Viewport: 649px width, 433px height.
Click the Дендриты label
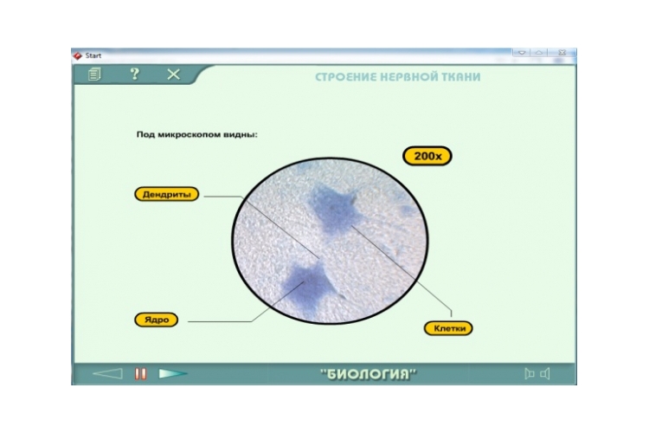167,194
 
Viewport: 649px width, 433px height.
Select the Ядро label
157,320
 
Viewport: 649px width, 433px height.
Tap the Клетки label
448,328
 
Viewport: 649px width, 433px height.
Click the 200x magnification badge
427,156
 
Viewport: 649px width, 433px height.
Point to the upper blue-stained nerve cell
334,210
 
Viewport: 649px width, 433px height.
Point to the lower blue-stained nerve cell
305,286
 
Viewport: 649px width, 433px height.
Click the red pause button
141,374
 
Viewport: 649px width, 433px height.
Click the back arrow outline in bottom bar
108,374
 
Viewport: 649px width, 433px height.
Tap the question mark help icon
134,74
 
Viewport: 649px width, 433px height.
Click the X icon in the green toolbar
173,74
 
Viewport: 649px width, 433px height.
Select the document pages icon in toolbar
94,74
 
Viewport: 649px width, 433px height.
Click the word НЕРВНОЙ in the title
409,77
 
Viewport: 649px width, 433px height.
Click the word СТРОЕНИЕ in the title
346,77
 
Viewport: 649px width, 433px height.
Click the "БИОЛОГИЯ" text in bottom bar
369,374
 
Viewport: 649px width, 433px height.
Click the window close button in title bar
562,53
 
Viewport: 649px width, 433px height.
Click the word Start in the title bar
93,55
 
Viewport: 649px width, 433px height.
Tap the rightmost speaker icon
545,374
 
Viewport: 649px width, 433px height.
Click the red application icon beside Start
77,55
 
